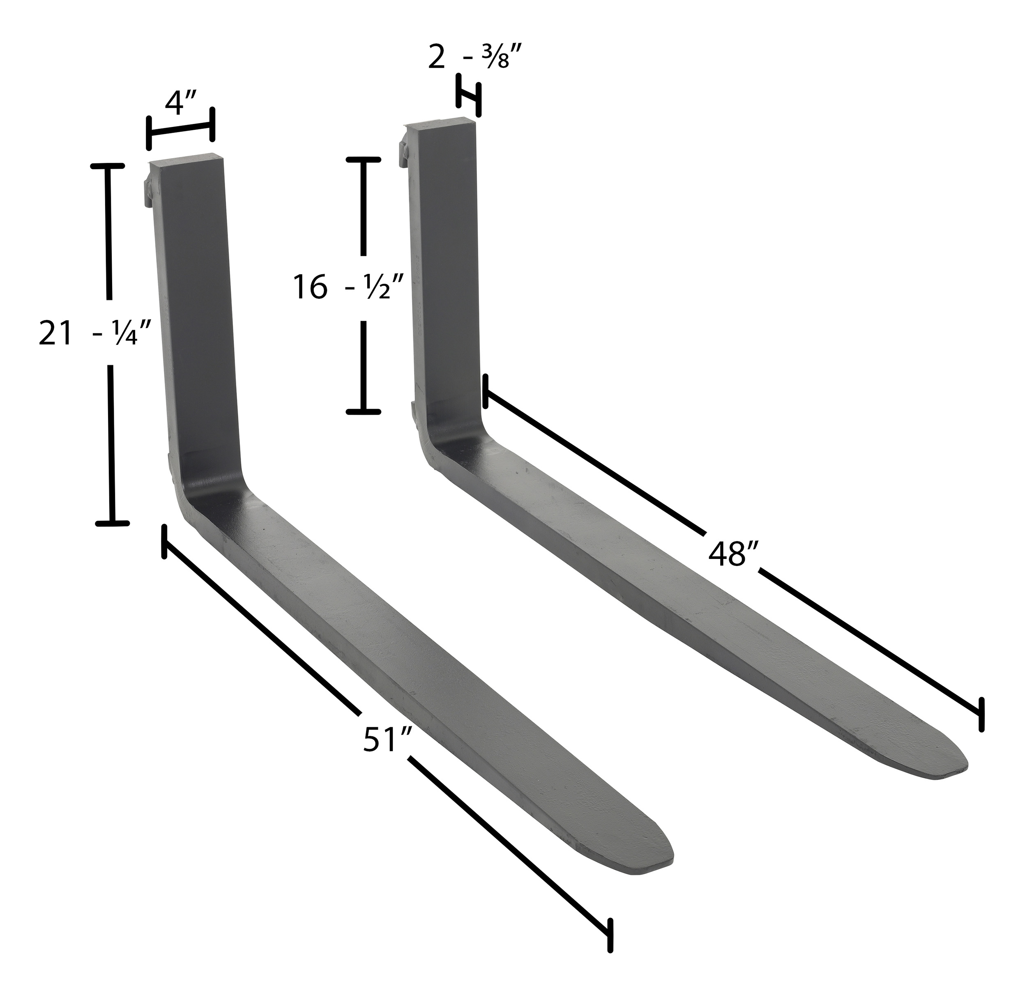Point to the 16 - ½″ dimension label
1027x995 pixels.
point(348,287)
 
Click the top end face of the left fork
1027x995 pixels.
point(187,159)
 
